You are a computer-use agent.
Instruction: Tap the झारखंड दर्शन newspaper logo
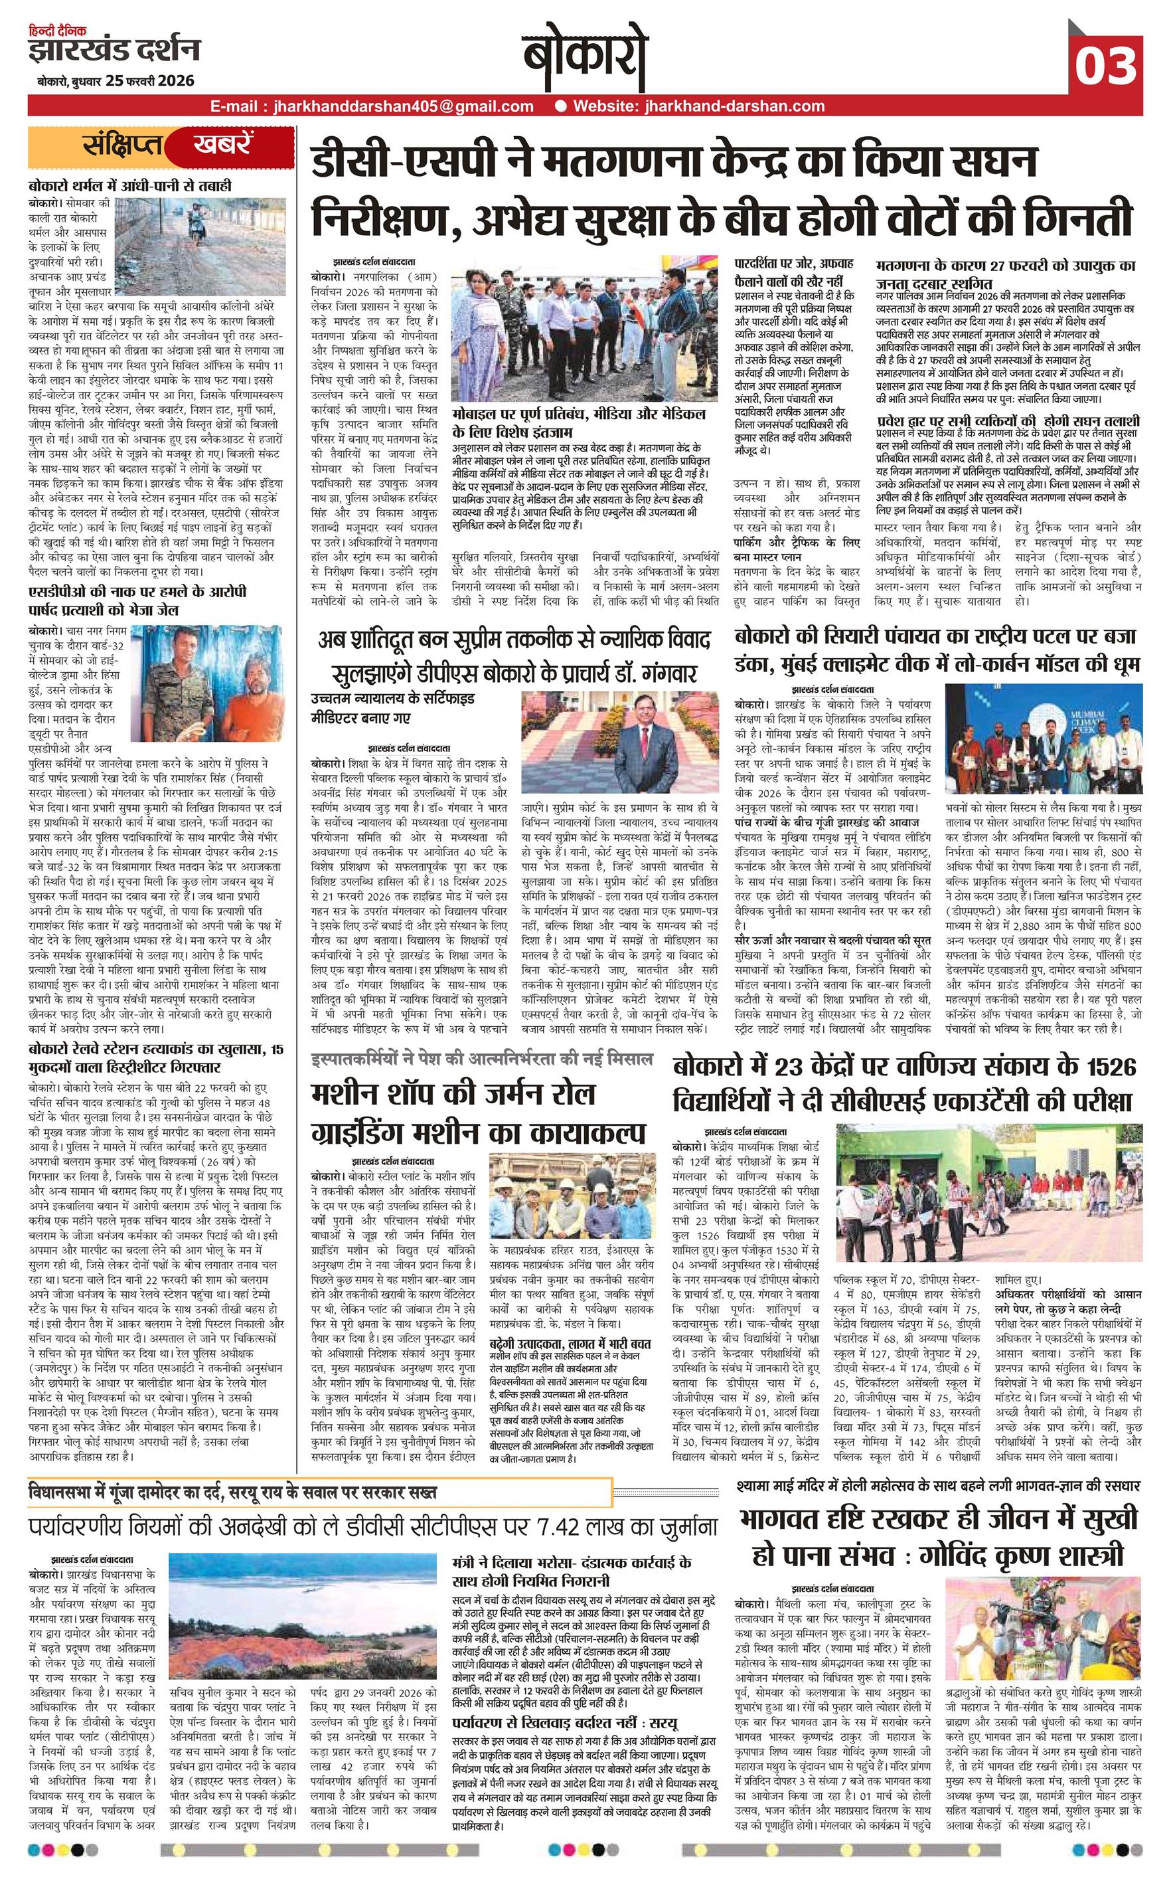click(x=114, y=51)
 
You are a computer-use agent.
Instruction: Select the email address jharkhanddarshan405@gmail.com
click(x=372, y=106)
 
